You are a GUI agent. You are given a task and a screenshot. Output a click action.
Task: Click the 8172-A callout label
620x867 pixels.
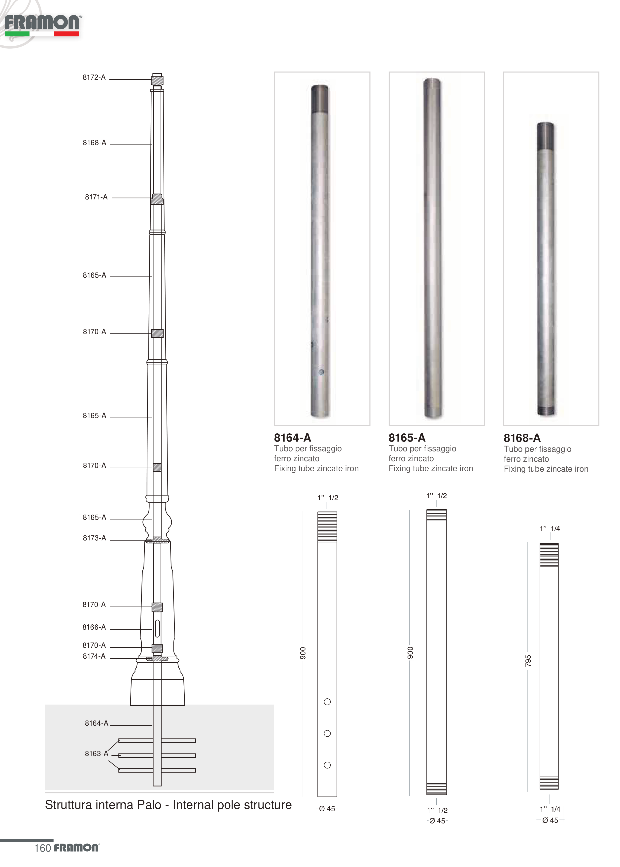(x=94, y=77)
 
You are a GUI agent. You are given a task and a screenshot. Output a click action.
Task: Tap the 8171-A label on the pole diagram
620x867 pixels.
(x=96, y=197)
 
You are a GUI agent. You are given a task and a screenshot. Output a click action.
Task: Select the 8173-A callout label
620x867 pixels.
(x=94, y=538)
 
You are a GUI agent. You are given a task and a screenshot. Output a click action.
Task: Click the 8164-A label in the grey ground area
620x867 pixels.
(x=97, y=723)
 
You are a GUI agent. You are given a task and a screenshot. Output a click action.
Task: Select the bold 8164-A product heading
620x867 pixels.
(x=292, y=438)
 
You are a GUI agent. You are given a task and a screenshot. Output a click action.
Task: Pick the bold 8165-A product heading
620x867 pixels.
(x=407, y=438)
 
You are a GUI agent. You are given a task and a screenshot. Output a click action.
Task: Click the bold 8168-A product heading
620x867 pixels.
(x=522, y=438)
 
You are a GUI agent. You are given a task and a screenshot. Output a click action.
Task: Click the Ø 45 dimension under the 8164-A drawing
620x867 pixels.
(x=327, y=809)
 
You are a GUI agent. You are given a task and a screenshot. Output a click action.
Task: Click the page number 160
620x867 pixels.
(x=42, y=848)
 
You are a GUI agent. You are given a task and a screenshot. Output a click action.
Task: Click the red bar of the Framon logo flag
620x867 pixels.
(x=67, y=34)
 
